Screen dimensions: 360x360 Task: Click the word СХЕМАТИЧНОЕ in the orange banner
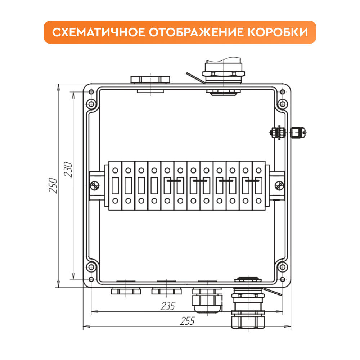pos(99,32)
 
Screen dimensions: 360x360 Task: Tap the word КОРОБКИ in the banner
pos(278,32)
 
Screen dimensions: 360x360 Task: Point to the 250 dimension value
pos(53,185)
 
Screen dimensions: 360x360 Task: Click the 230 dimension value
pos(68,170)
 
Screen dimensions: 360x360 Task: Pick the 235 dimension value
pos(168,306)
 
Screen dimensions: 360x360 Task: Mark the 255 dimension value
pos(187,321)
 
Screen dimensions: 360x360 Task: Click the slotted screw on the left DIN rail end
pos(95,185)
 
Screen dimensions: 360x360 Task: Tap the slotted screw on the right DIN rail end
pos(279,185)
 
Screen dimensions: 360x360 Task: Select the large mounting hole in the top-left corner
pos(91,104)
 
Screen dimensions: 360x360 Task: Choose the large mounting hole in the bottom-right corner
pos(282,267)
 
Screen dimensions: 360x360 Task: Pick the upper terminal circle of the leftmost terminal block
pos(115,171)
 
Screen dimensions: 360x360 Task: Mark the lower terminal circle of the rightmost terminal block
pos(258,201)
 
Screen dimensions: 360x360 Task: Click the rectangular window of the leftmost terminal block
pos(115,185)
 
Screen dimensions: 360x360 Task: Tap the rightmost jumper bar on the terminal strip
pos(252,181)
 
